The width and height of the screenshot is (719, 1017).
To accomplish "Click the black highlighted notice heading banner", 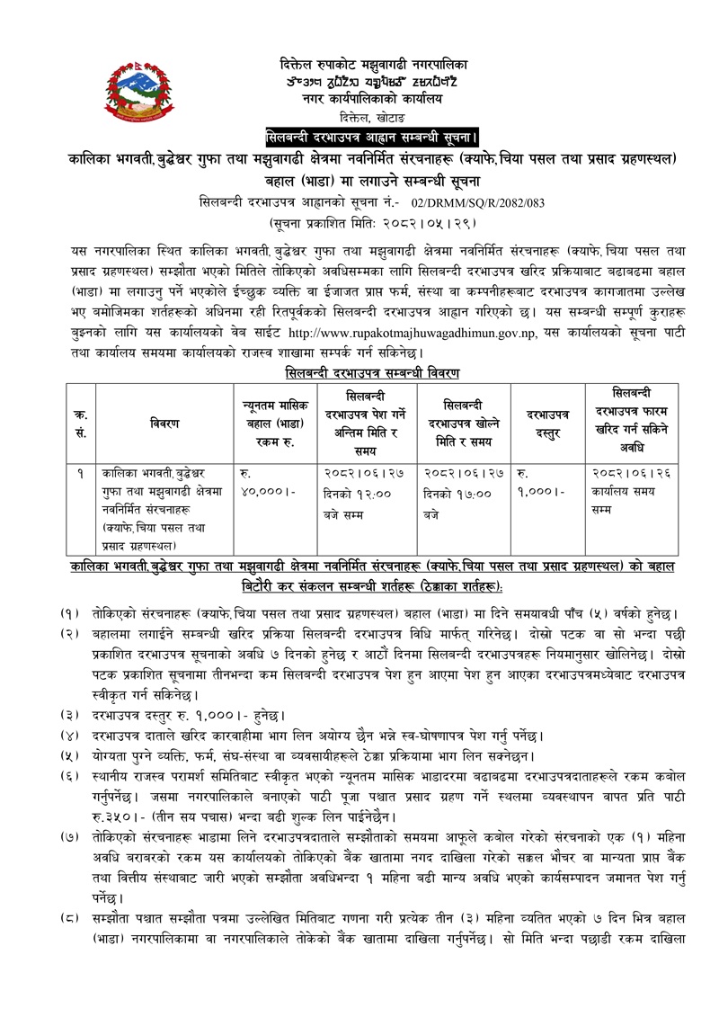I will tap(372, 137).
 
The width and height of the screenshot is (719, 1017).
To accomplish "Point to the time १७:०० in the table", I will tap(477, 492).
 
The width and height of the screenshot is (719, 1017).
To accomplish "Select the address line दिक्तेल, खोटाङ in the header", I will tap(372, 118).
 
